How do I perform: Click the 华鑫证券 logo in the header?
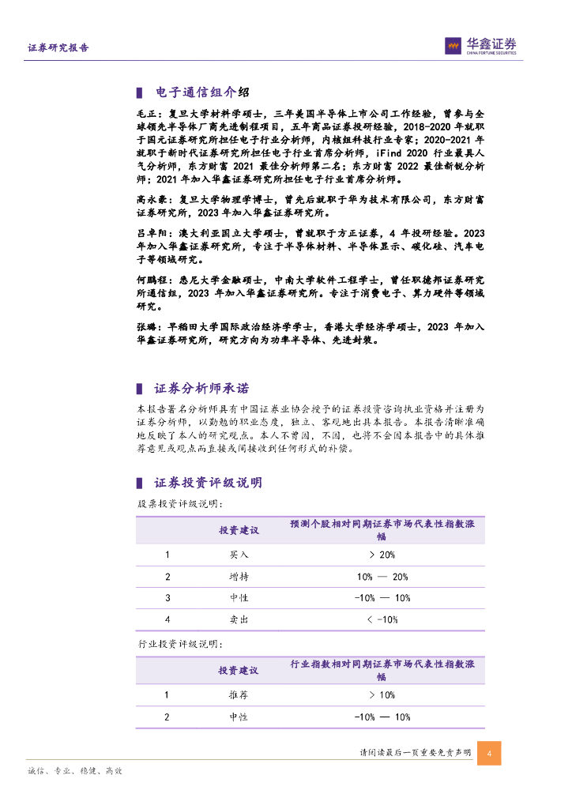[x=480, y=46]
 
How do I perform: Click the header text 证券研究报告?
[x=58, y=47]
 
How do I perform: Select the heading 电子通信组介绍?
[x=201, y=92]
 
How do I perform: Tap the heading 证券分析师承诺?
[x=201, y=388]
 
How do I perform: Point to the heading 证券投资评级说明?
[x=208, y=483]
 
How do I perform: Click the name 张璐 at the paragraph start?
[x=145, y=326]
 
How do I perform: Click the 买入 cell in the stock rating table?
[x=239, y=555]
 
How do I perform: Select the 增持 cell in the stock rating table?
[x=239, y=577]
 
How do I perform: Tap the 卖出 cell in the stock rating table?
[x=239, y=619]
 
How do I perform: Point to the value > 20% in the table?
[x=382, y=555]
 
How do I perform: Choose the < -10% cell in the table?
[x=382, y=619]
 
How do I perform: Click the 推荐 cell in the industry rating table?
[x=239, y=695]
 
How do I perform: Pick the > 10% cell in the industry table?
[x=382, y=695]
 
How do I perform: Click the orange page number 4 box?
[x=490, y=754]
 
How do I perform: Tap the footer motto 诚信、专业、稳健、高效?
[x=74, y=771]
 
